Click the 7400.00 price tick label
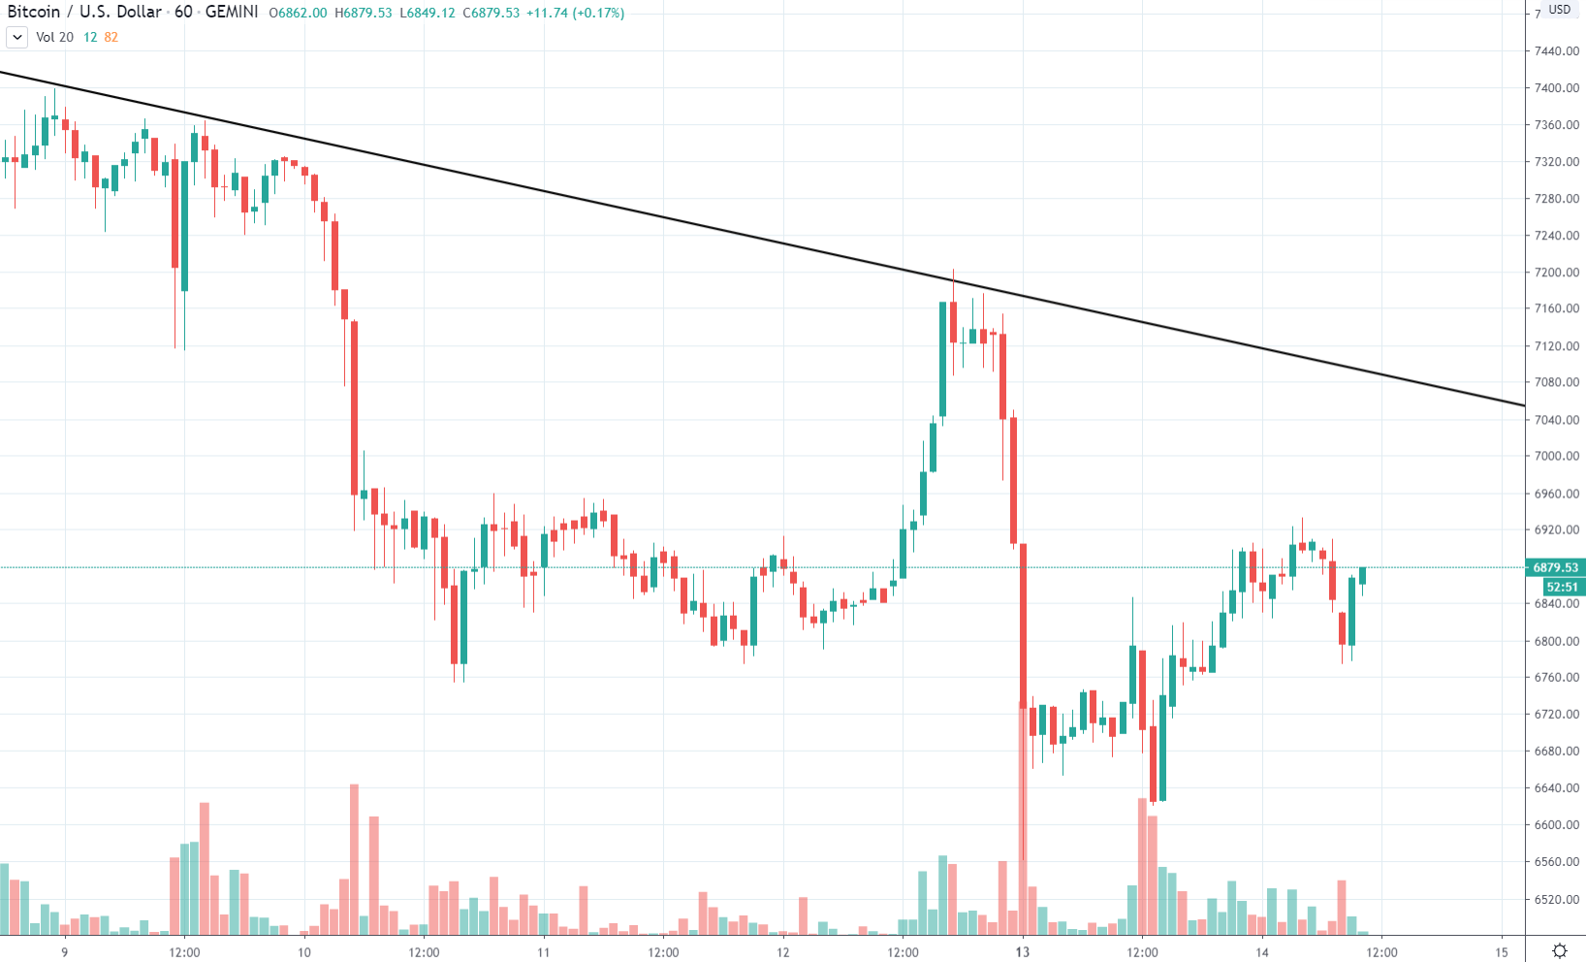pyautogui.click(x=1556, y=88)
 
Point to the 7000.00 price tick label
pyautogui.click(x=1556, y=456)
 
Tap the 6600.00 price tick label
pyautogui.click(x=1556, y=825)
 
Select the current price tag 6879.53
pyautogui.click(x=1555, y=567)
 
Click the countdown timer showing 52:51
pyautogui.click(x=1561, y=587)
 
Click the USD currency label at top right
pyautogui.click(x=1559, y=10)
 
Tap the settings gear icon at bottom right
pyautogui.click(x=1559, y=950)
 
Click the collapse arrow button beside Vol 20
pyautogui.click(x=16, y=38)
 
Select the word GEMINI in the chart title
pyautogui.click(x=232, y=13)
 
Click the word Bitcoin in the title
pyautogui.click(x=34, y=13)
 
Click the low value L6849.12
pyautogui.click(x=428, y=14)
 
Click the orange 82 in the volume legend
pyautogui.click(x=111, y=38)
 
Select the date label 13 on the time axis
pyautogui.click(x=1022, y=952)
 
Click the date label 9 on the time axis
pyautogui.click(x=65, y=952)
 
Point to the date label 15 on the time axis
pyautogui.click(x=1501, y=952)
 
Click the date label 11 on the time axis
pyautogui.click(x=543, y=952)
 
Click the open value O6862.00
pyautogui.click(x=299, y=14)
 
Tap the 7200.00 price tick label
pyautogui.click(x=1556, y=273)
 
